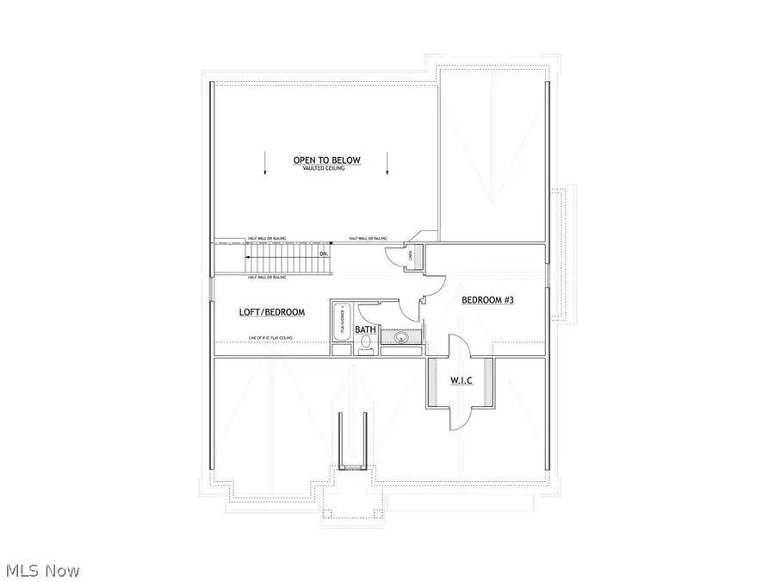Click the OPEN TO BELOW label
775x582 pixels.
[326, 160]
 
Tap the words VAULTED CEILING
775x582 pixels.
[326, 169]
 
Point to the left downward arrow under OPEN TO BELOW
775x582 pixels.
[265, 164]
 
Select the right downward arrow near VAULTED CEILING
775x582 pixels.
[388, 164]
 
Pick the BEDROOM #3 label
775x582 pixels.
[488, 300]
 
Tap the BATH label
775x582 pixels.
[366, 329]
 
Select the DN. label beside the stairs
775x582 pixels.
[324, 254]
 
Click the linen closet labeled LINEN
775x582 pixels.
[413, 253]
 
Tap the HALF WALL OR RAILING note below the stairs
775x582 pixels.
[267, 278]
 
